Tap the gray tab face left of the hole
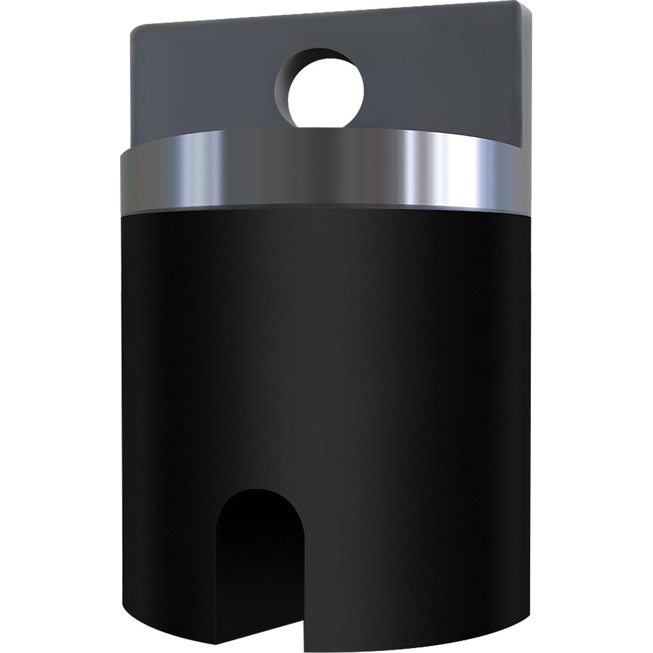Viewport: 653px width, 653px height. [202, 85]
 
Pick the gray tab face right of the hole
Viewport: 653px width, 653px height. [444, 78]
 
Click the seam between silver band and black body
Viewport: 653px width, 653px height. [326, 208]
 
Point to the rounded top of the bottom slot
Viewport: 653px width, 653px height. [260, 491]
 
